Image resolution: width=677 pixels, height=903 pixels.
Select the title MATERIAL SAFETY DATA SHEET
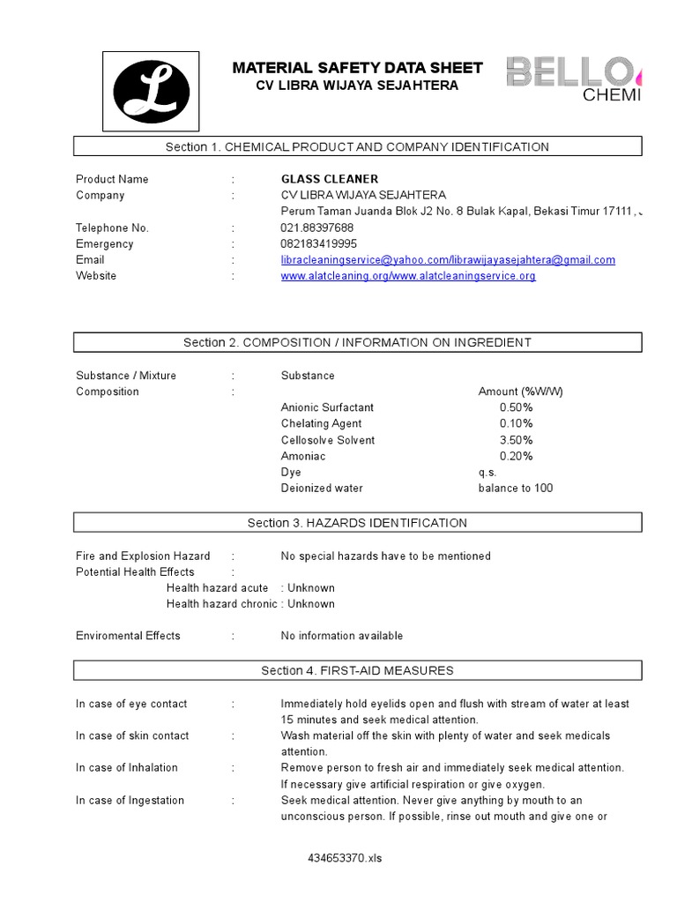[357, 68]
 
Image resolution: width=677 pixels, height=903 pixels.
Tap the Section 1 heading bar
[357, 146]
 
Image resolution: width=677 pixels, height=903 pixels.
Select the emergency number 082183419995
[319, 243]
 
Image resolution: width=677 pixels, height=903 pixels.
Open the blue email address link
[448, 260]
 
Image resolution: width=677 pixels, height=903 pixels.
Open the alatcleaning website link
[408, 276]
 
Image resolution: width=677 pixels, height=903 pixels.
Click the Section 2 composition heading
[357, 342]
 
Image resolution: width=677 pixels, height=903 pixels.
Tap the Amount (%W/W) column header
[520, 392]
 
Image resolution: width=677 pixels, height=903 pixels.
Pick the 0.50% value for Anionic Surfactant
[516, 407]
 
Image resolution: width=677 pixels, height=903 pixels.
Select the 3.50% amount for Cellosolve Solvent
[516, 440]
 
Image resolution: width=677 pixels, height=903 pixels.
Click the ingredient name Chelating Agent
[321, 424]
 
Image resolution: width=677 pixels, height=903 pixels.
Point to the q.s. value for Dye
[487, 473]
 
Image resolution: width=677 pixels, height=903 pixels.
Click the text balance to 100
[516, 489]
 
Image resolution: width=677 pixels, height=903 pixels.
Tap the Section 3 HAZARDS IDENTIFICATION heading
[357, 523]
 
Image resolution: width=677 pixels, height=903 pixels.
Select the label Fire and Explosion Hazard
[143, 556]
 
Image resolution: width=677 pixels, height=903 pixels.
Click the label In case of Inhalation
[126, 768]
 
